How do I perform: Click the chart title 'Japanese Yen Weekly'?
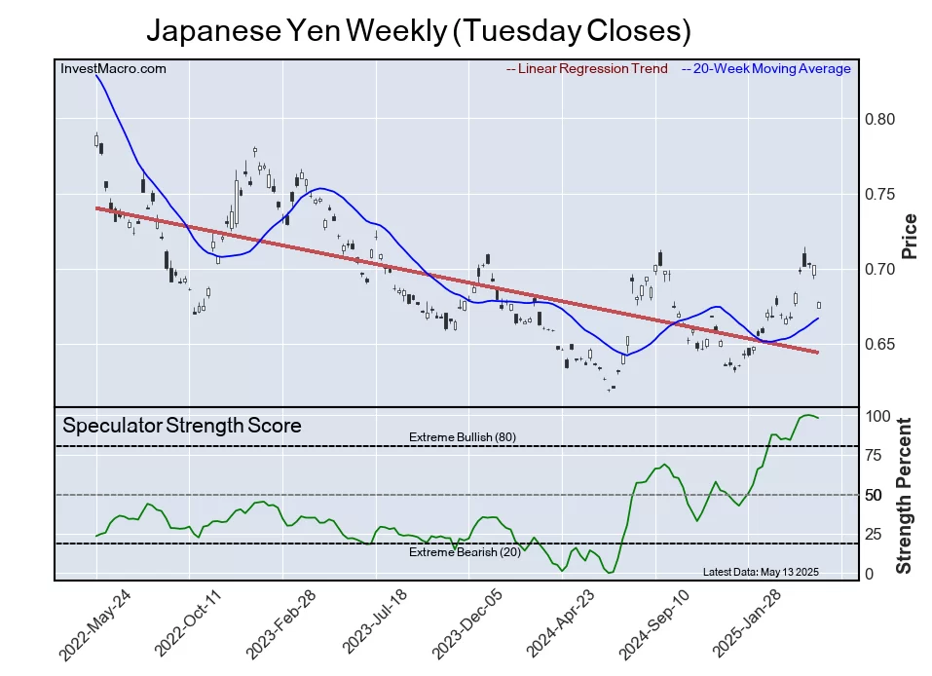(419, 31)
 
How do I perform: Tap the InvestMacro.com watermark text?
(113, 69)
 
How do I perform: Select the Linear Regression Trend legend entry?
(587, 69)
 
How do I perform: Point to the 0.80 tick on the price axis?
(880, 120)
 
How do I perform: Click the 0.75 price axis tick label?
(880, 195)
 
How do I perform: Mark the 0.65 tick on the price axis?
(880, 345)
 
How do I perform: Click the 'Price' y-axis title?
(910, 236)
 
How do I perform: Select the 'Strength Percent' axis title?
(905, 495)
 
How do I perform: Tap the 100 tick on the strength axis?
(878, 417)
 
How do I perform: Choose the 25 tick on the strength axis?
(875, 535)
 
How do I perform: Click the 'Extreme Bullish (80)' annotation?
(462, 437)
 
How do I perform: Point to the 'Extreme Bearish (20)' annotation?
(465, 553)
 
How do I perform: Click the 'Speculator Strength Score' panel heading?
(182, 426)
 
